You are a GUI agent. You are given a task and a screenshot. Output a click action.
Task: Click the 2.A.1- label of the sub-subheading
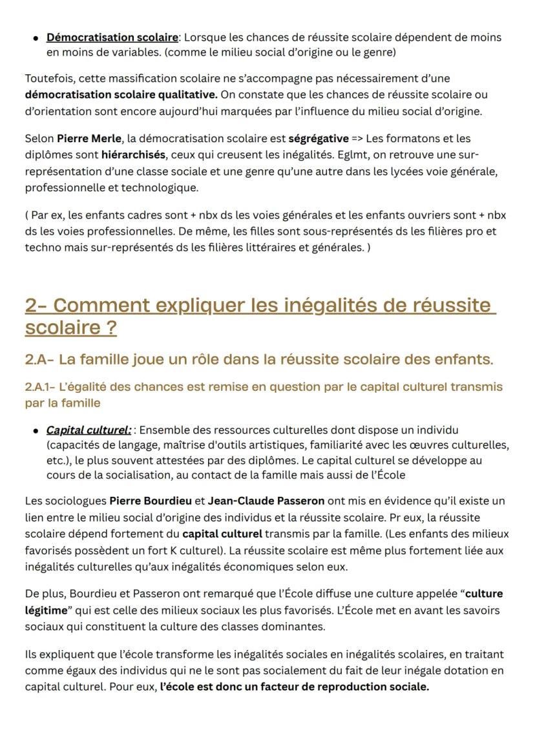pyautogui.click(x=39, y=387)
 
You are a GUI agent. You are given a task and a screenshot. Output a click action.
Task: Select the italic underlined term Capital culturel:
pyautogui.click(x=89, y=430)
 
